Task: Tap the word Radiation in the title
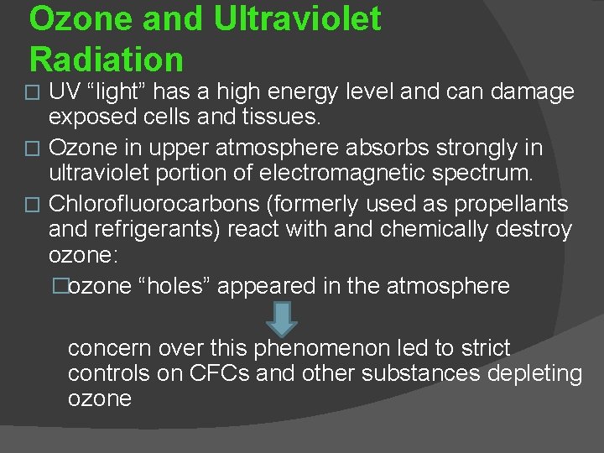(106, 60)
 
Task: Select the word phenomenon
(329, 347)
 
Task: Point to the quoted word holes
(182, 286)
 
